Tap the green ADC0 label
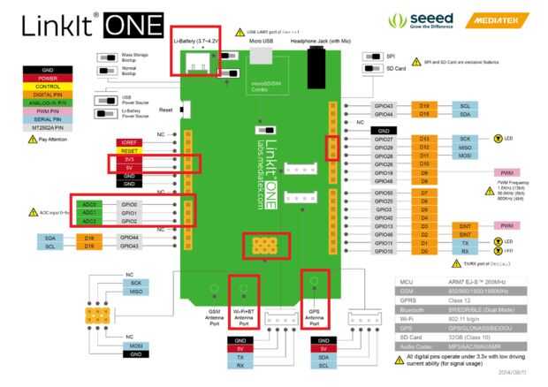click(x=90, y=204)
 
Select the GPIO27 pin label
click(x=384, y=139)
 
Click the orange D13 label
click(x=424, y=139)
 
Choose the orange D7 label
click(x=424, y=192)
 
